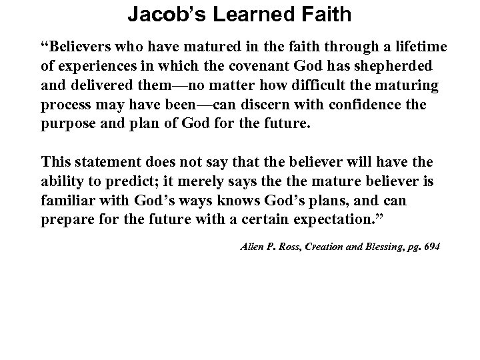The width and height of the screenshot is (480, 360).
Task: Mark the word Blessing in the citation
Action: pos(386,247)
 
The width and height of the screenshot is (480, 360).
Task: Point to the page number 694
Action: pos(432,247)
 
